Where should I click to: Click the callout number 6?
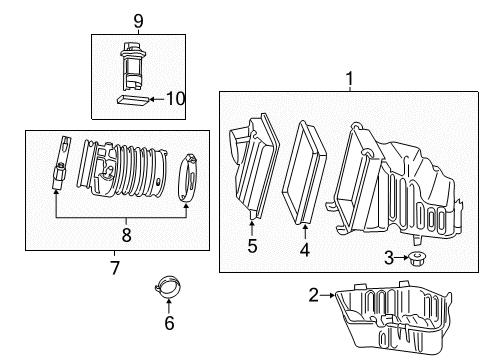tap(169, 322)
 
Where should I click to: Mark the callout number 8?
tap(127, 236)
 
